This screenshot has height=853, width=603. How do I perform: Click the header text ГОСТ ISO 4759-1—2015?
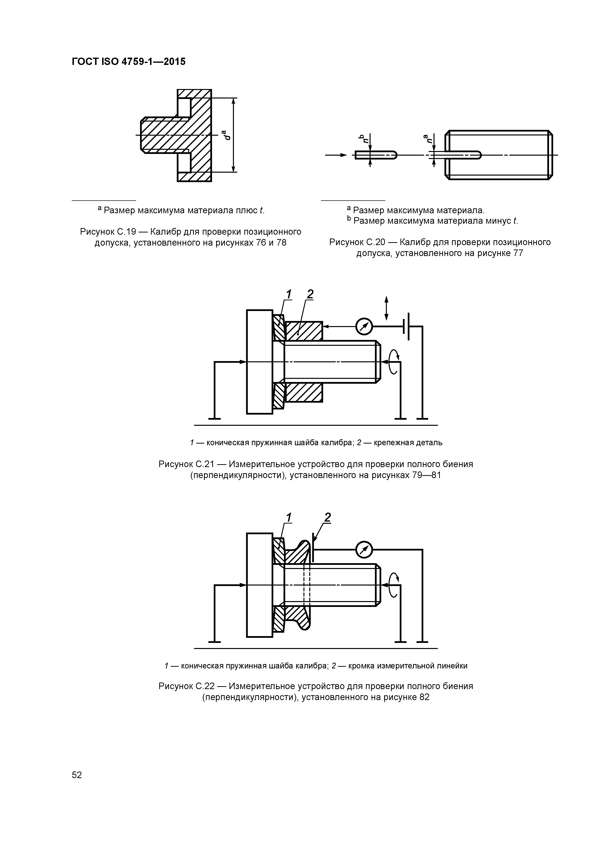click(x=129, y=62)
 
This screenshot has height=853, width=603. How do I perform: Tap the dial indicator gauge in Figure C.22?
click(x=364, y=550)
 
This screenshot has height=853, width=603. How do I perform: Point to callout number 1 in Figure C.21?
click(x=288, y=294)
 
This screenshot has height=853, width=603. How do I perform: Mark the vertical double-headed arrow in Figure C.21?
click(x=386, y=308)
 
